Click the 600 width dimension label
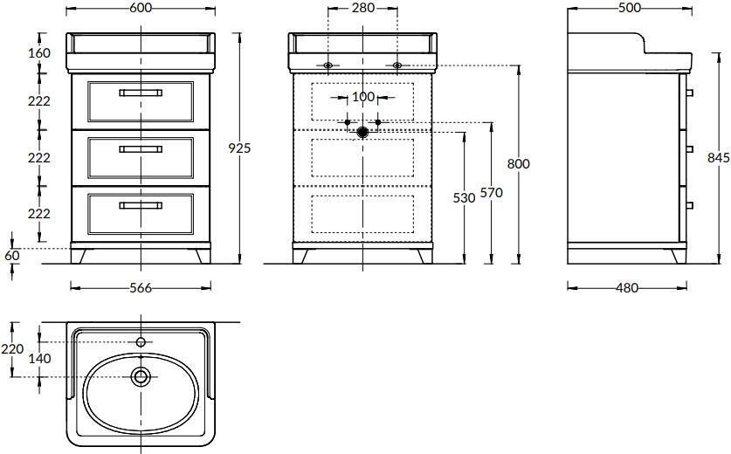pos(141,8)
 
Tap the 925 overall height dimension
pos(239,148)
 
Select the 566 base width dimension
pos(141,288)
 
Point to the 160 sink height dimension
pos(39,53)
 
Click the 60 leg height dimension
pos(12,256)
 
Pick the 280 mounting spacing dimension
pos(363,8)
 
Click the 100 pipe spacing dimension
pos(363,97)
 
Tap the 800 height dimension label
pos(519,163)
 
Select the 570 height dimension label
pos(492,192)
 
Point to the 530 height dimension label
pos(464,198)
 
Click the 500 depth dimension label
pos(630,8)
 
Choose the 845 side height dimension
pos(719,158)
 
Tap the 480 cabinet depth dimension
pos(627,288)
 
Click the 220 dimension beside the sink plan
pos(12,348)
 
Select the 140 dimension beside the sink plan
pos(39,359)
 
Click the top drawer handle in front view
pos(141,93)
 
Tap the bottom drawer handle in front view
pos(141,205)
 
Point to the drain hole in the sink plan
pos(141,376)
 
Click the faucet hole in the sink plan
pos(141,342)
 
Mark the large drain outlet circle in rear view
pos(362,133)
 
